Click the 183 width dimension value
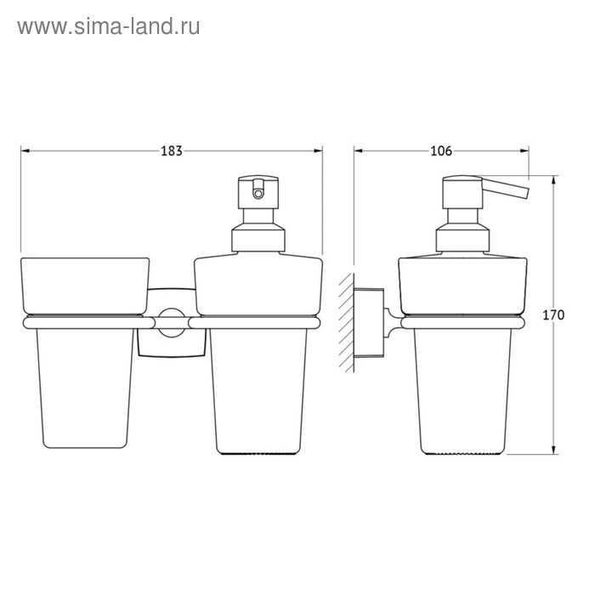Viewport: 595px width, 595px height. coord(172,151)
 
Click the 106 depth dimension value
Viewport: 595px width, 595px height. coord(441,151)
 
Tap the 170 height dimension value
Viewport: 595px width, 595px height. coord(553,315)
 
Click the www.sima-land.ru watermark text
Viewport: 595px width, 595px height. coord(109,26)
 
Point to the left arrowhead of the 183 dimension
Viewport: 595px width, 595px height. coord(25,151)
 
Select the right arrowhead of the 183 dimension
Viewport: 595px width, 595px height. coord(318,151)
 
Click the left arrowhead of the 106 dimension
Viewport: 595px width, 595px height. coord(359,151)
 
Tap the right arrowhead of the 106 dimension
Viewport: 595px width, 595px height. coord(524,151)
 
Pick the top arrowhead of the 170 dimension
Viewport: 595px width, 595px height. coord(553,180)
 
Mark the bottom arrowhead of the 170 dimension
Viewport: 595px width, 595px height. coord(553,450)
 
